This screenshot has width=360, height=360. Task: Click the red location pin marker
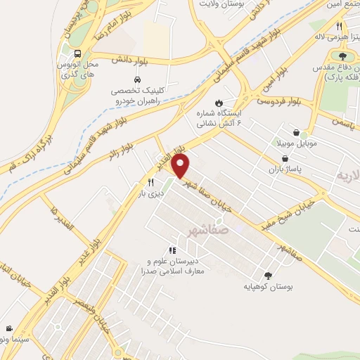point(181,167)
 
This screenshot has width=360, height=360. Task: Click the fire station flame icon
point(219,101)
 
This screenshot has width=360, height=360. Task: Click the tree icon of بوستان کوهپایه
point(268,276)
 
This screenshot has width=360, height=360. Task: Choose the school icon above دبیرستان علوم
point(172,250)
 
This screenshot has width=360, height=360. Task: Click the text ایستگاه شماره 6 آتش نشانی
point(221,117)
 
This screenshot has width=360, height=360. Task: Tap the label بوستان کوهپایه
point(267,287)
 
